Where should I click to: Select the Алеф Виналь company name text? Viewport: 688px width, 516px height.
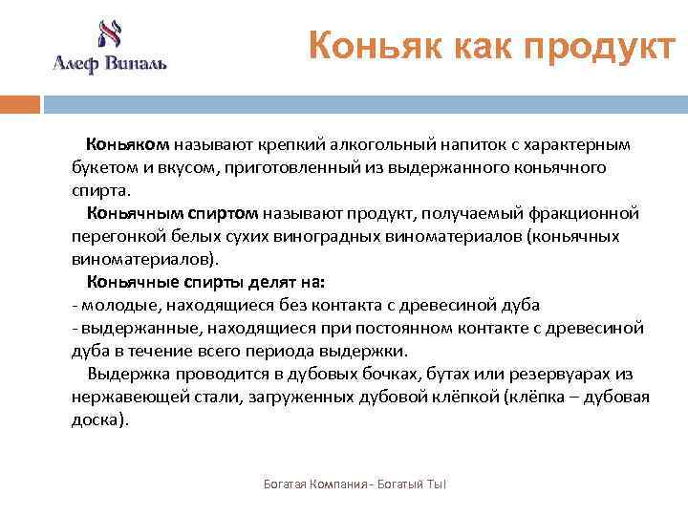point(109,64)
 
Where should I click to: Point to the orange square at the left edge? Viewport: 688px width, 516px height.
point(19,104)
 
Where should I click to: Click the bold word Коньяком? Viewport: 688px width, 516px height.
point(128,144)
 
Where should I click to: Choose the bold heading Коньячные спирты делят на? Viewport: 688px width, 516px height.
point(206,282)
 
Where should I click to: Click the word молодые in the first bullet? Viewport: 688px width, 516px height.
point(120,305)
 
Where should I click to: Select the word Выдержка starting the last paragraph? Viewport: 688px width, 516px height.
point(123,374)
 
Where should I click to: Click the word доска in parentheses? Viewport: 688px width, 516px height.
point(94,419)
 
